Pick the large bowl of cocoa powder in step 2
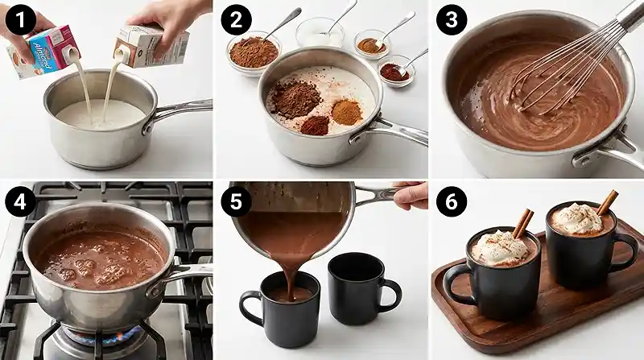pos(253,53)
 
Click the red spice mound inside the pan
pos(315,125)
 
